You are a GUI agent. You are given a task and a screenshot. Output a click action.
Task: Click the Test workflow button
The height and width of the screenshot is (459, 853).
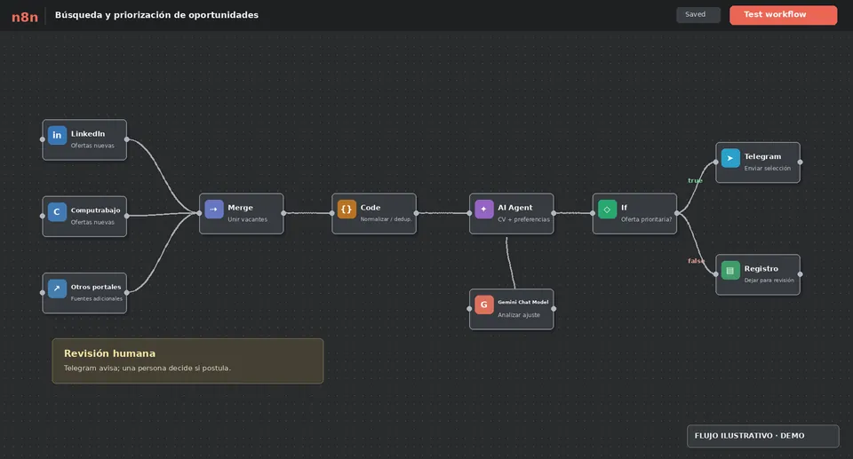pos(783,15)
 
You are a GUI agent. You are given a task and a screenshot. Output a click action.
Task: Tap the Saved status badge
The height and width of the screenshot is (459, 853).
pos(698,15)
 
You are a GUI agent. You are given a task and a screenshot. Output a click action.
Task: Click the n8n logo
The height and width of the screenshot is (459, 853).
pos(25,17)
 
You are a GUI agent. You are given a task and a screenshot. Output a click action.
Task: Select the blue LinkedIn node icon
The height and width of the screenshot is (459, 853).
pos(57,135)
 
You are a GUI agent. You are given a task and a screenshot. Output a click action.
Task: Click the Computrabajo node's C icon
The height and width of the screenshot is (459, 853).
pos(57,211)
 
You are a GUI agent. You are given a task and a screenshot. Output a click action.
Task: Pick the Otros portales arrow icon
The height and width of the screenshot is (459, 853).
pos(57,289)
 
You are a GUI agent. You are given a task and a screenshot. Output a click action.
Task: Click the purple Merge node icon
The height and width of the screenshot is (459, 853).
pos(214,209)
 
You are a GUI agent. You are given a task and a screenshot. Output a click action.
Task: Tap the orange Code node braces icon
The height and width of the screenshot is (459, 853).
pos(347,209)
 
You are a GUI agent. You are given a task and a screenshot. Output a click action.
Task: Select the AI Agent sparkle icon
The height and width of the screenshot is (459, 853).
pos(483,209)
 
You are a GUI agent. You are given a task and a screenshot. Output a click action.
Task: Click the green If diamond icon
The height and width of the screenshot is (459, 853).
pos(607,209)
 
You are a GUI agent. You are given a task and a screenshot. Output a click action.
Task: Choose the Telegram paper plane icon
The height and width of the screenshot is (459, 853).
pos(730,158)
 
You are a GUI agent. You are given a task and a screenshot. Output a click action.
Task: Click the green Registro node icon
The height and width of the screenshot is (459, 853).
pos(730,270)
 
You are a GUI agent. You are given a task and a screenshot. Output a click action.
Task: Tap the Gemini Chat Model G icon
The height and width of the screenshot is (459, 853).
pos(483,305)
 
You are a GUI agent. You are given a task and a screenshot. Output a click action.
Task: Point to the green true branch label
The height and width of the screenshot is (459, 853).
pos(695,180)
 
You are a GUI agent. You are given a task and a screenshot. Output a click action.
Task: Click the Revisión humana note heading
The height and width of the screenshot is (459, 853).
pos(109,353)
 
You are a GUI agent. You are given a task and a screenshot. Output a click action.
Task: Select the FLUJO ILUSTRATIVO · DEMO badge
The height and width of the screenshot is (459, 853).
pos(762,436)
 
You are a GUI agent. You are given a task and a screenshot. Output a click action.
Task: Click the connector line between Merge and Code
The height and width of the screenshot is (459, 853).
pos(307,213)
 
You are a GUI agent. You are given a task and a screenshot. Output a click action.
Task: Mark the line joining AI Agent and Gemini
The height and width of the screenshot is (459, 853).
pos(509,263)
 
